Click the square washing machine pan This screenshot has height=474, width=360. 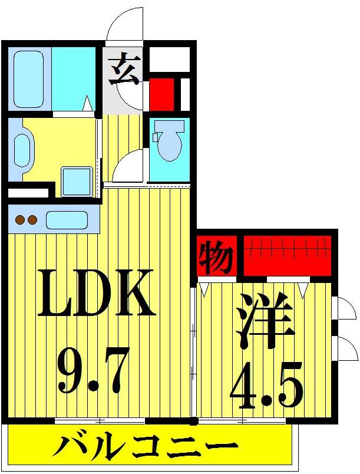point(77,181)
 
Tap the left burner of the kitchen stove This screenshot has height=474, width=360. point(19,220)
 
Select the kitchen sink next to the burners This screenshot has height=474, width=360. point(67,220)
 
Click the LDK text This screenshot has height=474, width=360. point(97,292)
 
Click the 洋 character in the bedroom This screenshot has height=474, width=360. point(265,322)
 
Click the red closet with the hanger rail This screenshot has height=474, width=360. point(287,255)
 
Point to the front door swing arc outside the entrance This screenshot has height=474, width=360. point(125,25)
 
